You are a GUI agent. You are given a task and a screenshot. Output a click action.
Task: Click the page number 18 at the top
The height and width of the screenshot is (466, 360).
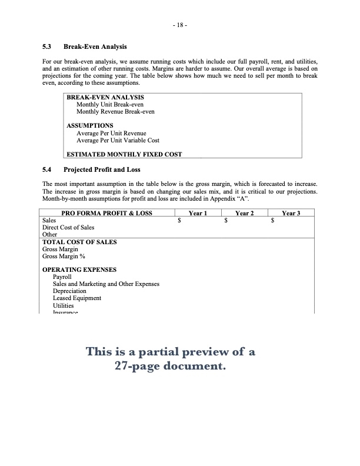(180, 26)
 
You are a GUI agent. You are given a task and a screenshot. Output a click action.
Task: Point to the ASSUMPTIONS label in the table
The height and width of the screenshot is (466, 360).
(90, 126)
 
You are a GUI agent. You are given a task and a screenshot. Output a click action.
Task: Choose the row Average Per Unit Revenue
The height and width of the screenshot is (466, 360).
(111, 134)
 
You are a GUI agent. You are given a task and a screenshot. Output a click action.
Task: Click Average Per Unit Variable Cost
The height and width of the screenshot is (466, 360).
(118, 141)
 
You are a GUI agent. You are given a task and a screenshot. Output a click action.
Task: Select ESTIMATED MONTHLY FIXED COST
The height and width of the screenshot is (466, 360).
(124, 155)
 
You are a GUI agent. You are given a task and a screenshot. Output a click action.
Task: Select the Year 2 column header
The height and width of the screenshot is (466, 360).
(244, 213)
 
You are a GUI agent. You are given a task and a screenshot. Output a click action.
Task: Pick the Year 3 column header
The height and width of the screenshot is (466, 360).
(291, 213)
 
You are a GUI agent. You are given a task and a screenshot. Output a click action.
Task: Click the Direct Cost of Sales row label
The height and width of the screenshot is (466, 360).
(68, 227)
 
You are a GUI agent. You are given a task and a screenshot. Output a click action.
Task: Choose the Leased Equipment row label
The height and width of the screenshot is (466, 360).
(76, 298)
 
